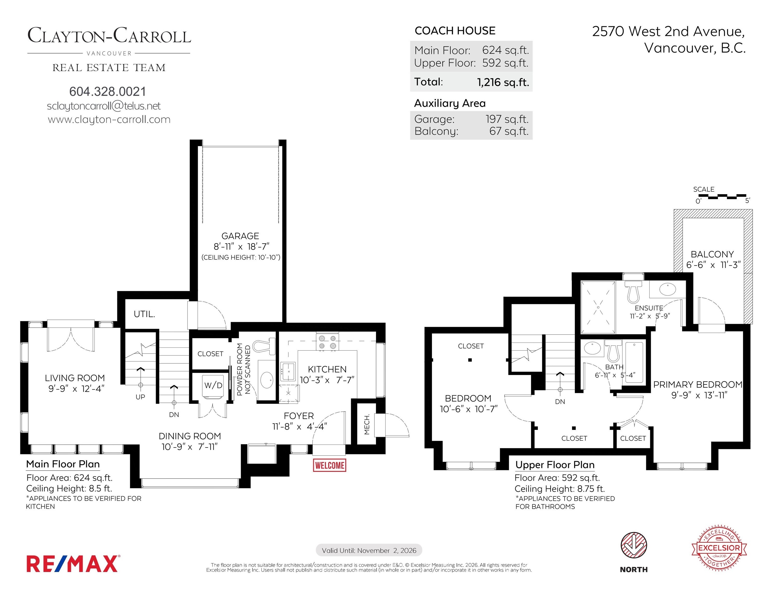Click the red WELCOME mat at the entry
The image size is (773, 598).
(330, 465)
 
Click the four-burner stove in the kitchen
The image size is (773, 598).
(328, 342)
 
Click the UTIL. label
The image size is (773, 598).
(144, 314)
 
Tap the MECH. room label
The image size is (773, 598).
(367, 424)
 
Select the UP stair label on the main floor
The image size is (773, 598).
(140, 397)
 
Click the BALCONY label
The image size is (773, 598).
(712, 254)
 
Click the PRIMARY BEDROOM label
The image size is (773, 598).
(698, 384)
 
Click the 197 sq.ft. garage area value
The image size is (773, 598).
(507, 119)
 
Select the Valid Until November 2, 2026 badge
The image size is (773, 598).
(369, 550)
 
